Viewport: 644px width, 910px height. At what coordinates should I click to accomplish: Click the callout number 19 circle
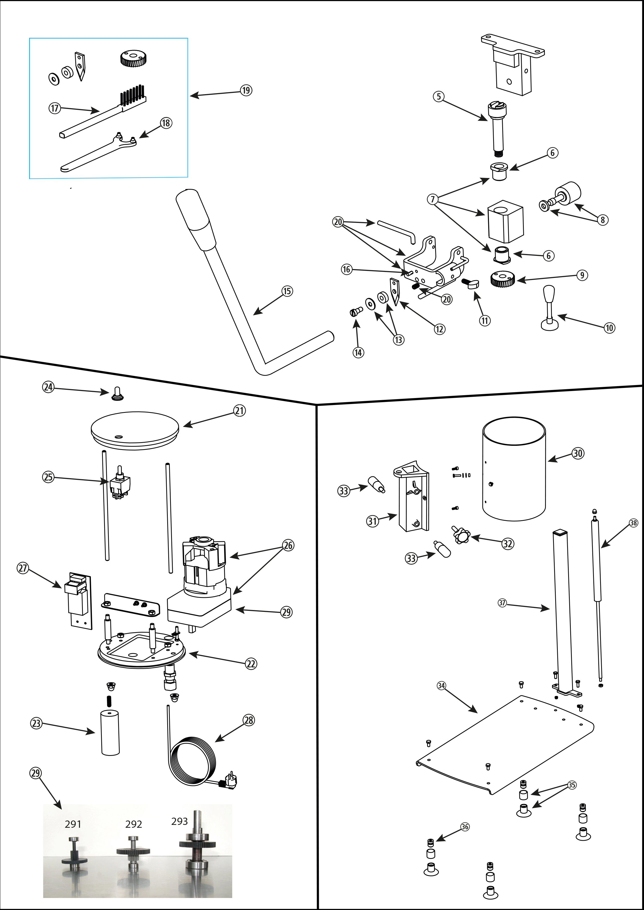246,90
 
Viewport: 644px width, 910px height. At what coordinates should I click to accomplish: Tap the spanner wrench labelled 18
99,153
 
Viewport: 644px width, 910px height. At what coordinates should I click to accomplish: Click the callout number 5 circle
439,96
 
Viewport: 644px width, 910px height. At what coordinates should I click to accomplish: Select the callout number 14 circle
358,352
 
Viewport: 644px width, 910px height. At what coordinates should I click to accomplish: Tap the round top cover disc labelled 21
135,430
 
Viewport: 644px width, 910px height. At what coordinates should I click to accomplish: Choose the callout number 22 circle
251,663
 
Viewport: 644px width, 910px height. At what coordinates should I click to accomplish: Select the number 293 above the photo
179,821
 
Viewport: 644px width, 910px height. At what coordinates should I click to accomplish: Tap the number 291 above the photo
73,824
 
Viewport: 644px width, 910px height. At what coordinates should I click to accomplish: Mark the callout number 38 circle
634,523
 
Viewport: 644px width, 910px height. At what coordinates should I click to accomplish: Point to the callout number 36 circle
465,826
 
